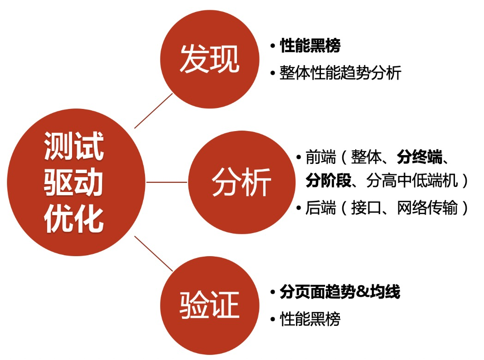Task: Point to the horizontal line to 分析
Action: pyautogui.click(x=167, y=182)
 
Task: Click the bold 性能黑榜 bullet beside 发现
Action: pyautogui.click(x=310, y=46)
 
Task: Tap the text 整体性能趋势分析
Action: pyautogui.click(x=340, y=73)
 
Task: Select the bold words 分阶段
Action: pyautogui.click(x=327, y=181)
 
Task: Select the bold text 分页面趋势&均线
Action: pyautogui.click(x=340, y=292)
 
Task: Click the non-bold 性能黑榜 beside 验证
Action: pyautogui.click(x=310, y=319)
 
